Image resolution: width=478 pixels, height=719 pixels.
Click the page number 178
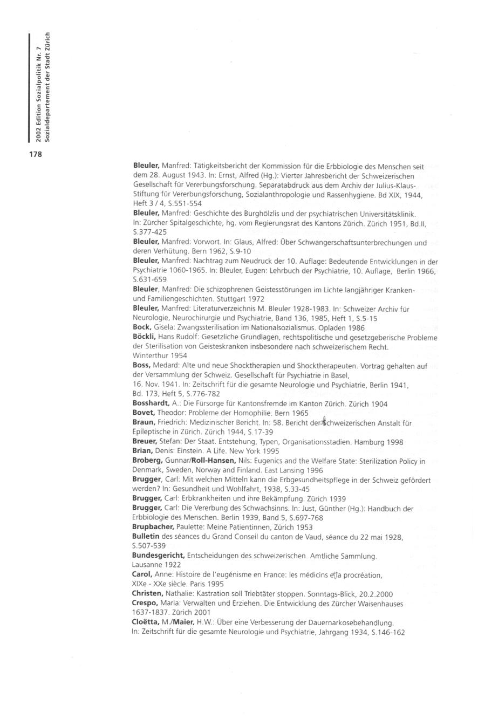[x=35, y=155]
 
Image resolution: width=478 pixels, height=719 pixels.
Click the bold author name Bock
[x=141, y=327]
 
